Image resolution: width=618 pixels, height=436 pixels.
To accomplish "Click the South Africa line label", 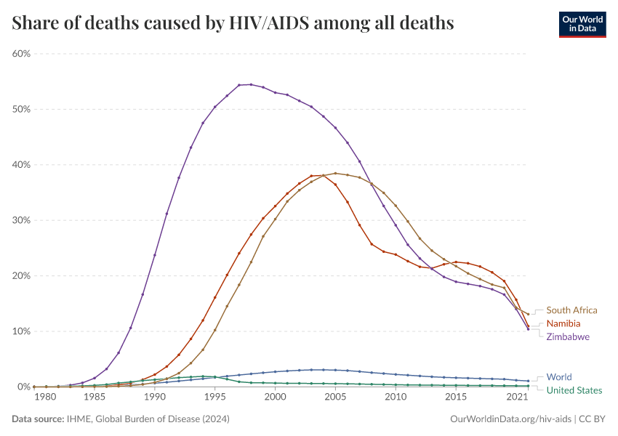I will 571,310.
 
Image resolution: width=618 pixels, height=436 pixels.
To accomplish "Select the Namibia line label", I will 563,323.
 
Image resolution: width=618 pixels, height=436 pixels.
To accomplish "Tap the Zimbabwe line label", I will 568,337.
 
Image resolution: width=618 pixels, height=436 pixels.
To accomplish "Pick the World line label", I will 559,377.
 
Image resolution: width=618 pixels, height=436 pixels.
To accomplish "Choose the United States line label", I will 574,390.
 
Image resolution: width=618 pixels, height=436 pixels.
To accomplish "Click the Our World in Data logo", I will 582,24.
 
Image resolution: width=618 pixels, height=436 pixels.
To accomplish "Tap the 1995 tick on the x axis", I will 214,397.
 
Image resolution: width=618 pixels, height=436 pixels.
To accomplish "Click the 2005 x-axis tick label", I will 335,397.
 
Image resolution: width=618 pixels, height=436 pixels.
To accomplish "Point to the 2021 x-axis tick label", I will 517,397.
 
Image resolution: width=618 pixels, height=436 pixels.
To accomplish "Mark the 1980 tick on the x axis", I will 45,397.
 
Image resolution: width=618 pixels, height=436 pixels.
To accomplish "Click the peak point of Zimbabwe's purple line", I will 251,84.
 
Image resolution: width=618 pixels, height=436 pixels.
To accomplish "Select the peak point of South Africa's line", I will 335,173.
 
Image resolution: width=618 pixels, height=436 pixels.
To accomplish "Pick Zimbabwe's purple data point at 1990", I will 155,255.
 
